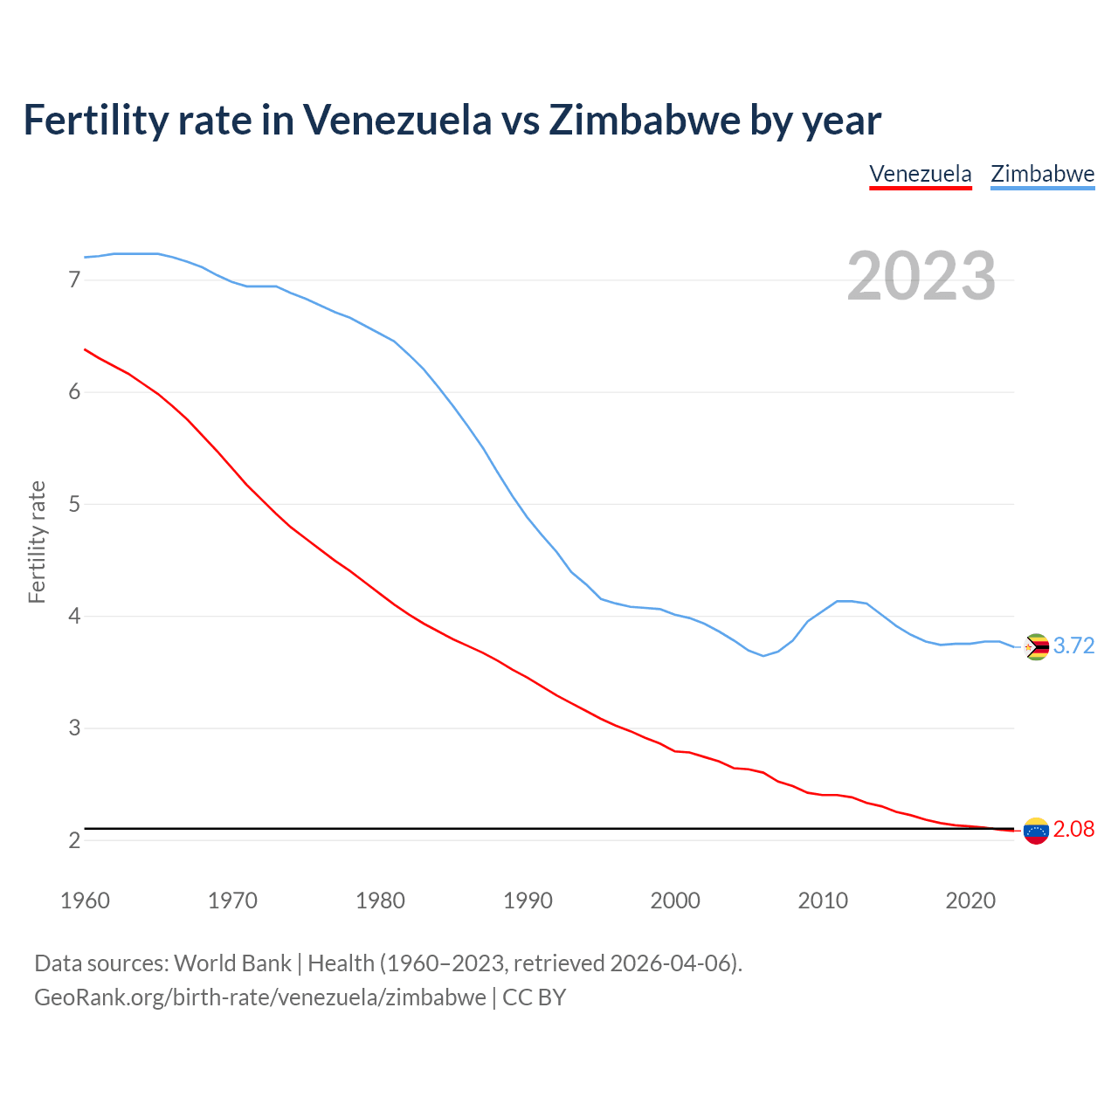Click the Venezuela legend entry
921,174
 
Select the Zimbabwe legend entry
1042,174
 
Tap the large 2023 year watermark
921,276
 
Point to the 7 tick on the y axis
74,280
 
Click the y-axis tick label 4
74,617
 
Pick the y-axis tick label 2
74,840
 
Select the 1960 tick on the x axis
85,901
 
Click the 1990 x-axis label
528,901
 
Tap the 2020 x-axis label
970,901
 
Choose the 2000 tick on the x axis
675,901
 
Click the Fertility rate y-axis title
37,542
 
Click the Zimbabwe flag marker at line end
1036,646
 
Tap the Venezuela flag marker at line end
1036,831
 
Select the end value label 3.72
1073,646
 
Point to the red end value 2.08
1073,830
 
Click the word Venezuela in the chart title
397,120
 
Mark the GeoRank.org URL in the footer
259,997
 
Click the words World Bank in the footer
232,963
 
